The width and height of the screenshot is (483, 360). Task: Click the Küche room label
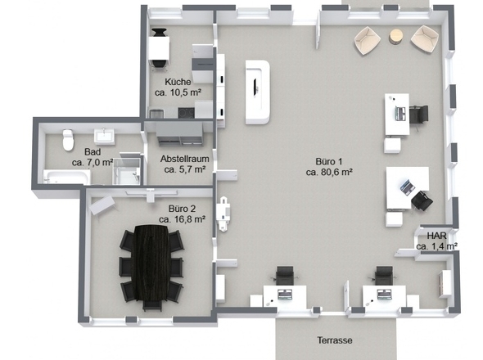(x=178, y=82)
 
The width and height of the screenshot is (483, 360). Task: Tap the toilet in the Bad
(x=68, y=140)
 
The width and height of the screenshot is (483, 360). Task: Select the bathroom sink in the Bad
(x=104, y=136)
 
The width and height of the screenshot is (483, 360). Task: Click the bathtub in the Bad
(x=67, y=177)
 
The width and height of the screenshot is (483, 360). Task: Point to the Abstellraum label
(x=184, y=159)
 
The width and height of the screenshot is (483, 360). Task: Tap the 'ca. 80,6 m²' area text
(x=329, y=172)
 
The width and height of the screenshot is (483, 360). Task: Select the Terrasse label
(x=335, y=340)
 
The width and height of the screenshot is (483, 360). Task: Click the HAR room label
(x=436, y=236)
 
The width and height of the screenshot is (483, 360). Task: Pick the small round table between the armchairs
(x=396, y=37)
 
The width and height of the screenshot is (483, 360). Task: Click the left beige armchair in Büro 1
(x=368, y=40)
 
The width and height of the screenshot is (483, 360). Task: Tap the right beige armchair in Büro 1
(x=425, y=38)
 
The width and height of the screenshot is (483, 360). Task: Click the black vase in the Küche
(x=159, y=33)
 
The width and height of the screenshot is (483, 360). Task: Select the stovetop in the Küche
(x=187, y=113)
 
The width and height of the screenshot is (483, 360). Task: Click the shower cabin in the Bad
(x=127, y=169)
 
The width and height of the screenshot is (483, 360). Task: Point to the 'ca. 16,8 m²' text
(x=183, y=219)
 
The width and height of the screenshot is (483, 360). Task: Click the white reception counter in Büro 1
(x=258, y=92)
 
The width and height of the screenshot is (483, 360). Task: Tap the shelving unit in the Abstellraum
(x=179, y=133)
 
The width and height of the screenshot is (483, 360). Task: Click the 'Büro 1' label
(x=329, y=162)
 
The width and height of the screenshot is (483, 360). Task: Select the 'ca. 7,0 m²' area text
(x=93, y=162)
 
